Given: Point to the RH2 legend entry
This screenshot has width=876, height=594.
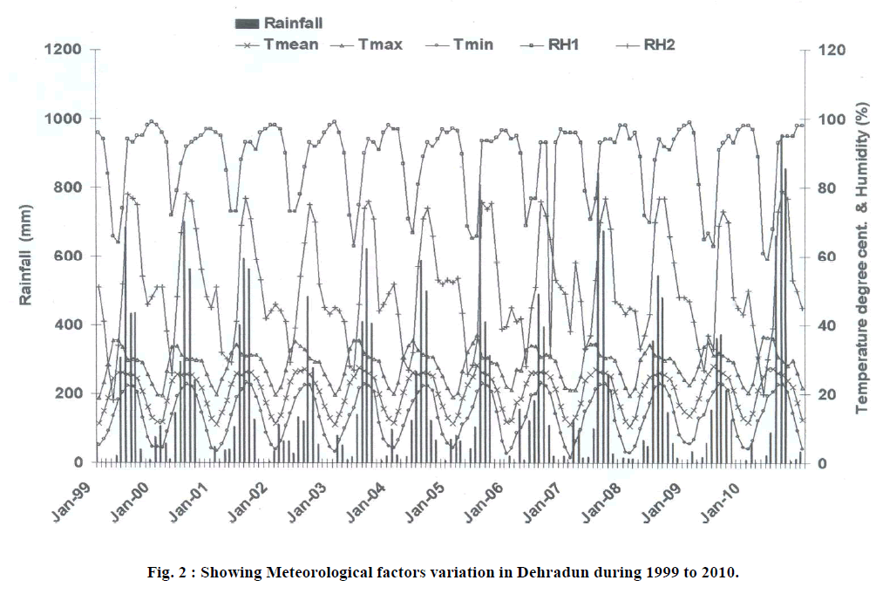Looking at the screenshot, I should [655, 44].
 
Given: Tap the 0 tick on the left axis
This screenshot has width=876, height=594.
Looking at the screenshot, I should [78, 462].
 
